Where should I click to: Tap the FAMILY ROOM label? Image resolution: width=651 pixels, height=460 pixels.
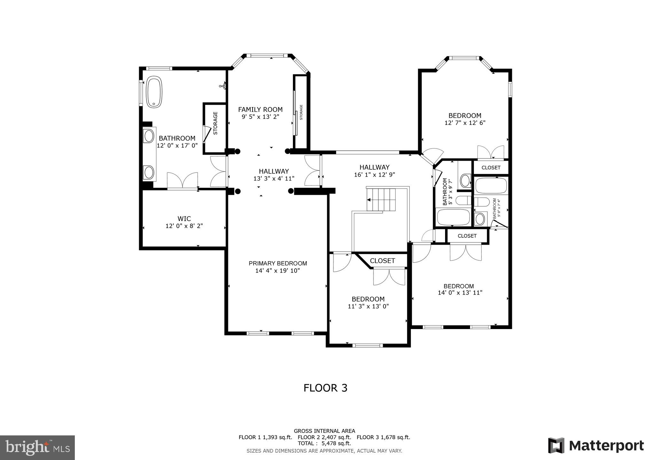pyautogui.click(x=260, y=110)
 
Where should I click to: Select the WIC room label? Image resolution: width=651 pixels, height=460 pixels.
pyautogui.click(x=184, y=219)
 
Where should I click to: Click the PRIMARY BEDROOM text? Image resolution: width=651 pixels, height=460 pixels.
pyautogui.click(x=278, y=264)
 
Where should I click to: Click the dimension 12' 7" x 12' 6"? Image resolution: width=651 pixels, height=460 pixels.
pyautogui.click(x=465, y=123)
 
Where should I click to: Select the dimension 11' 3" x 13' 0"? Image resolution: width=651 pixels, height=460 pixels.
pyautogui.click(x=368, y=306)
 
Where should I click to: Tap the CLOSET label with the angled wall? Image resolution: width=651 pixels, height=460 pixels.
pyautogui.click(x=382, y=261)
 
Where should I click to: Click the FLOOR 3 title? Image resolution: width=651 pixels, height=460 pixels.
pyautogui.click(x=325, y=388)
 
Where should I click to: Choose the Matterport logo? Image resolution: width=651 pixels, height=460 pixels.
pyautogui.click(x=596, y=446)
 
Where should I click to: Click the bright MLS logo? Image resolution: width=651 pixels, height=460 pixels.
pyautogui.click(x=37, y=447)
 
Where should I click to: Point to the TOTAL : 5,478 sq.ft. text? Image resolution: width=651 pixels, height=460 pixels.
pyautogui.click(x=324, y=444)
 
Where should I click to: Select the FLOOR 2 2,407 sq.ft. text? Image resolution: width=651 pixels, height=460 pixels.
pyautogui.click(x=324, y=437)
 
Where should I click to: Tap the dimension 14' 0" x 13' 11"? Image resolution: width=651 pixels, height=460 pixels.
pyautogui.click(x=460, y=293)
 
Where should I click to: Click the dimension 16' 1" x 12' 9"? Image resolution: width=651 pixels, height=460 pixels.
pyautogui.click(x=374, y=175)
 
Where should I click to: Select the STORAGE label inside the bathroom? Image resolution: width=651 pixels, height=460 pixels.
pyautogui.click(x=215, y=123)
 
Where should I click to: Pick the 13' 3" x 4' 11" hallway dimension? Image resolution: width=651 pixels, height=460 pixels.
pyautogui.click(x=274, y=178)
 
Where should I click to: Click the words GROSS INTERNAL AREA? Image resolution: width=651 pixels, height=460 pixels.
pyautogui.click(x=324, y=431)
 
